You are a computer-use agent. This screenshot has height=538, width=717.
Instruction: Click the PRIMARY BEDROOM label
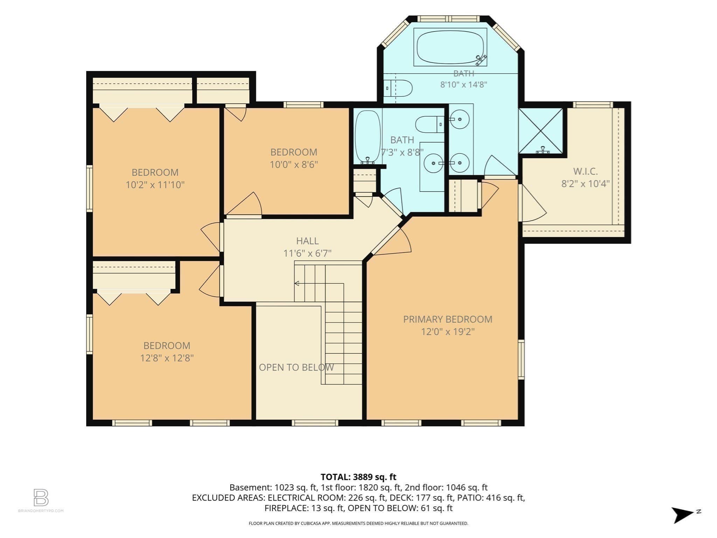tap(447, 319)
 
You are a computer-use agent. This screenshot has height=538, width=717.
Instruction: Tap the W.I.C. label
tap(585, 171)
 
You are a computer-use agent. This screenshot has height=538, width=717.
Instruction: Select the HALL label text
tap(307, 241)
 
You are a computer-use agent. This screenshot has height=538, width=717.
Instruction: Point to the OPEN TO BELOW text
tap(296, 367)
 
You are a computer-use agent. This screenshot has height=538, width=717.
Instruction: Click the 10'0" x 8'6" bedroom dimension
tap(294, 164)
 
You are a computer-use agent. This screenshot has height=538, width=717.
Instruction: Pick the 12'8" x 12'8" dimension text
tap(167, 358)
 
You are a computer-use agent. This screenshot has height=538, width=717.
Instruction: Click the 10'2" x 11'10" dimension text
tap(155, 185)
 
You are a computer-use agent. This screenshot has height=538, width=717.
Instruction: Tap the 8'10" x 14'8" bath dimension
tap(464, 84)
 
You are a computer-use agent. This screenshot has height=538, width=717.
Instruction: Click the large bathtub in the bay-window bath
tap(450, 47)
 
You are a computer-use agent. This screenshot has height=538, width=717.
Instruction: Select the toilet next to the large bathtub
tap(398, 88)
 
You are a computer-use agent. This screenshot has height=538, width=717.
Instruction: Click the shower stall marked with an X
tap(541, 131)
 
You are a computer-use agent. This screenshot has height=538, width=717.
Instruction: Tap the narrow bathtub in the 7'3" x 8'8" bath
tap(368, 137)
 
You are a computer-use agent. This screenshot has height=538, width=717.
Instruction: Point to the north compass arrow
tap(683, 515)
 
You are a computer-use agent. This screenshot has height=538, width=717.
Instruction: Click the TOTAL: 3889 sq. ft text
tap(358, 477)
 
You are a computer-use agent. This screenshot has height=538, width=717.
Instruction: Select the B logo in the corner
tap(41, 497)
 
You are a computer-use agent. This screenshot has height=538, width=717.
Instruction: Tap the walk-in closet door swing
tap(532, 203)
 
